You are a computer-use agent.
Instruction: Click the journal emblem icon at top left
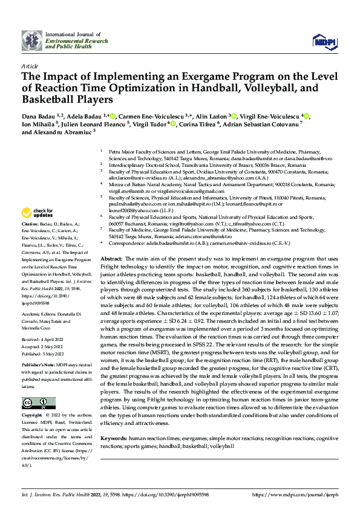point(32,41)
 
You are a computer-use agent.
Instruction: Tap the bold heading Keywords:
point(117,437)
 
